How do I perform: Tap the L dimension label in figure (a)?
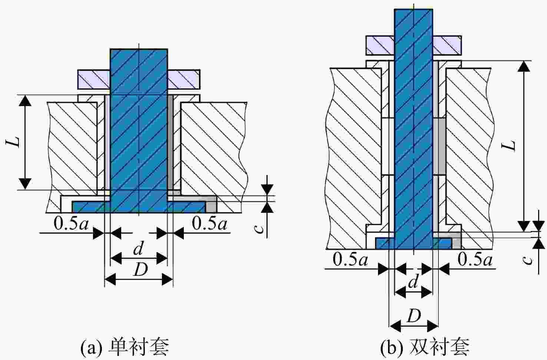(x=13, y=142)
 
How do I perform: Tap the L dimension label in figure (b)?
(x=509, y=146)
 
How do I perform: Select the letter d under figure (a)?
(x=138, y=248)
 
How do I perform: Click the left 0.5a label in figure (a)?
(x=71, y=223)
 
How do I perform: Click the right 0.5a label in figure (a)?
(x=209, y=223)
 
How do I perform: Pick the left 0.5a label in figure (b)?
(x=350, y=259)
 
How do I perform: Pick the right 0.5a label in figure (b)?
(x=475, y=259)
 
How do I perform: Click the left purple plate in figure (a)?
(x=94, y=79)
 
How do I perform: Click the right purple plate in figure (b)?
(x=447, y=46)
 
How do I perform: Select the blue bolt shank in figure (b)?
(x=414, y=129)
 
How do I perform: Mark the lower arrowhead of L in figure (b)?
(x=524, y=226)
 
